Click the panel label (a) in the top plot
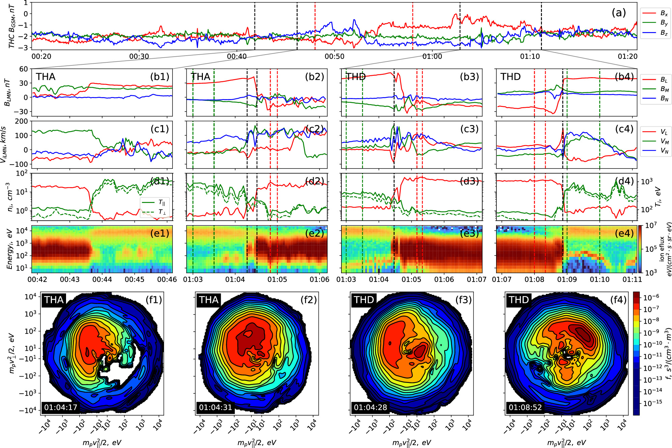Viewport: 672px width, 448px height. coord(618,13)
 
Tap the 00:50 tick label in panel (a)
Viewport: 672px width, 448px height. coord(334,56)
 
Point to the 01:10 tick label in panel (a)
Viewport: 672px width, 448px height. coord(530,56)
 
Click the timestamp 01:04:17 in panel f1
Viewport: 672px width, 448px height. coord(61,407)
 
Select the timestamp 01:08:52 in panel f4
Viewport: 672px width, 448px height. coord(525,407)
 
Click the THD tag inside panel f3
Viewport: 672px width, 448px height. coord(364,300)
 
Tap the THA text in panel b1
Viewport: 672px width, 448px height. coord(46,77)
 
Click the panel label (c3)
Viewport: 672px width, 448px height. coord(469,129)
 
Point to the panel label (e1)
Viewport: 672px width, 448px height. coord(159,233)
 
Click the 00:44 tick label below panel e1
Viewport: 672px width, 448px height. coord(102,279)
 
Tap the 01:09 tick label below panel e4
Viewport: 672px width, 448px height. coord(567,279)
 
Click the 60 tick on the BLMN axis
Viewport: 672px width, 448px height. coord(23,69)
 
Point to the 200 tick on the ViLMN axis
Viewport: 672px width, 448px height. coord(21,121)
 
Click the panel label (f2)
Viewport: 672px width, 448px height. coord(309,300)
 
